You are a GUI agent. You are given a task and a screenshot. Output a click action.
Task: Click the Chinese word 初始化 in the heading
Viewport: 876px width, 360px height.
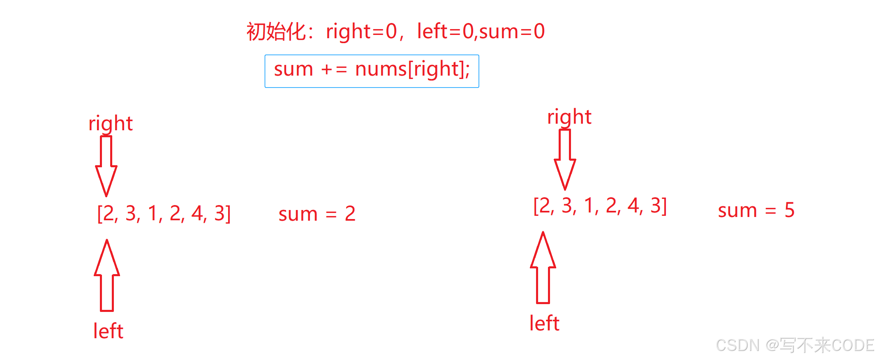(x=276, y=32)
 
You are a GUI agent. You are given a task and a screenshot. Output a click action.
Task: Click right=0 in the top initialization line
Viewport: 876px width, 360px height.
(x=361, y=32)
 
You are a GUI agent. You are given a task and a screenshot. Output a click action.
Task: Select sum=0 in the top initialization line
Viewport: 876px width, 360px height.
(x=512, y=32)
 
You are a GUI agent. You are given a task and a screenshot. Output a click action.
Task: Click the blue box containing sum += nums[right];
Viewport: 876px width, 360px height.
(x=372, y=71)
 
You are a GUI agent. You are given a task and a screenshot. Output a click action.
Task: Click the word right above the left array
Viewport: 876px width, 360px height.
(x=111, y=124)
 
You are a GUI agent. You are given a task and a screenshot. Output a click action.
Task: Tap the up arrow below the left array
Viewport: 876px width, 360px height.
(x=107, y=275)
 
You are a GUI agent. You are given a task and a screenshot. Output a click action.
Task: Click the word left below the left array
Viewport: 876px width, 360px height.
(x=108, y=331)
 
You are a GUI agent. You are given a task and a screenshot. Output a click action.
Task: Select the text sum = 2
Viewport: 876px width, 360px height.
(x=317, y=214)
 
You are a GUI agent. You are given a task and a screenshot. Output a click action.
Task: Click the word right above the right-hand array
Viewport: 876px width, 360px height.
(x=569, y=117)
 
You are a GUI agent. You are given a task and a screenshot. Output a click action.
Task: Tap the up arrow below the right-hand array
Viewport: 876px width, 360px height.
(x=543, y=268)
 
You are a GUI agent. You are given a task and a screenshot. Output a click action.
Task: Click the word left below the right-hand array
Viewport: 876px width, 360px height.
(x=544, y=323)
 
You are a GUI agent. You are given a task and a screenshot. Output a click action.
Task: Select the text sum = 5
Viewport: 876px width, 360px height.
(x=756, y=210)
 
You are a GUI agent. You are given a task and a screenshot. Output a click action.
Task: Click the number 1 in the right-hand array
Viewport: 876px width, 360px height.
(x=589, y=205)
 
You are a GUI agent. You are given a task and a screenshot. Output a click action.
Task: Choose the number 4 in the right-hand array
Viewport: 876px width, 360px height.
(x=633, y=205)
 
